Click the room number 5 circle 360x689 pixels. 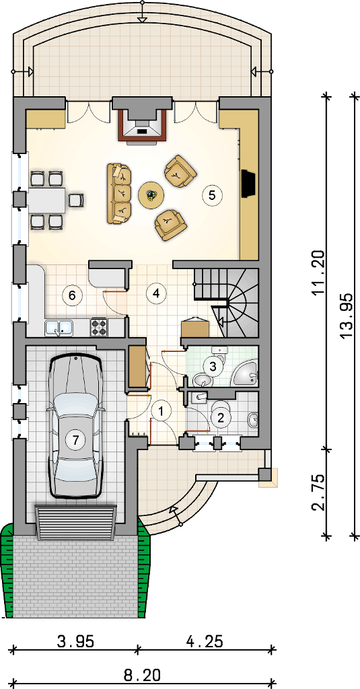tap(212, 195)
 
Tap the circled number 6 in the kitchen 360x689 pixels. tap(72, 295)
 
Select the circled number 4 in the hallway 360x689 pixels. tap(154, 293)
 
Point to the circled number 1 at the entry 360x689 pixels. tap(161, 412)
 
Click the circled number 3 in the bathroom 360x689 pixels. tap(213, 366)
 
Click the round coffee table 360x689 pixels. tap(151, 194)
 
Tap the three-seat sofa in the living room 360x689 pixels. tap(119, 193)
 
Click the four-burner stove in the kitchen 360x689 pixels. tap(100, 327)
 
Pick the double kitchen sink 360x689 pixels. tap(59, 328)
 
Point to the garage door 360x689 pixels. tap(75, 522)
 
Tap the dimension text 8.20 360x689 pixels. tap(141, 674)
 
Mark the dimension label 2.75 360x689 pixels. tap(319, 492)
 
